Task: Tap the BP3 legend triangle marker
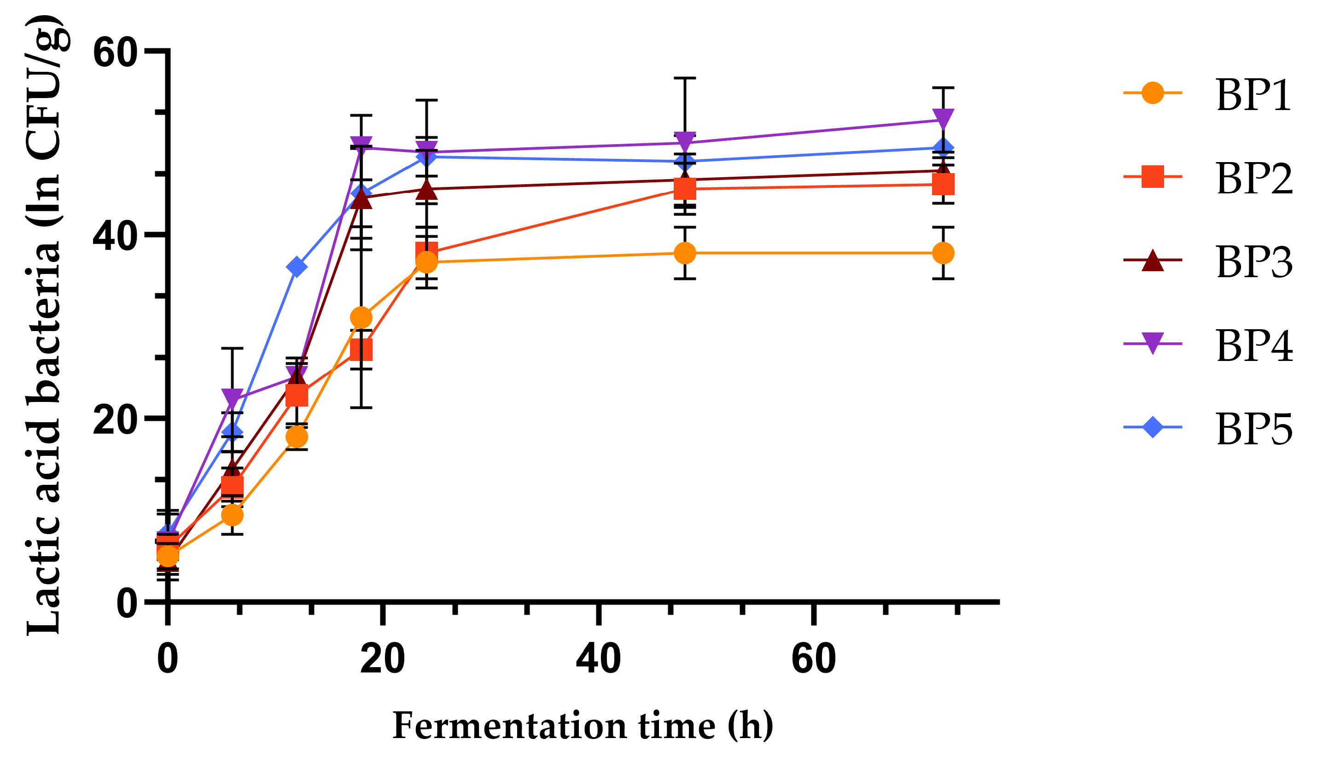[1153, 261]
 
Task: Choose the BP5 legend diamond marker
[1153, 428]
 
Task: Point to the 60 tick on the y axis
[115, 52]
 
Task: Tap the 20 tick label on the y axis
[115, 418]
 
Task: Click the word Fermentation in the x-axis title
[510, 726]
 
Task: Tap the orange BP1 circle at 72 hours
[943, 253]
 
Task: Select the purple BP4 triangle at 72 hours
[943, 119]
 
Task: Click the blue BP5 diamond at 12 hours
[297, 268]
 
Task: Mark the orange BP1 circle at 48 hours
[685, 253]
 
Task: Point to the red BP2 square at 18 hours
[361, 350]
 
